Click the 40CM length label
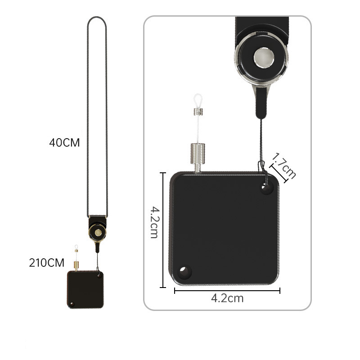point(64,143)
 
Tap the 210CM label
point(47,263)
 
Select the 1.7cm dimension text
point(284,166)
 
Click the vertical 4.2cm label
point(154,222)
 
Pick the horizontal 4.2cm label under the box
point(227,298)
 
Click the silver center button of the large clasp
point(264,58)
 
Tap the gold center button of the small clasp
point(98,232)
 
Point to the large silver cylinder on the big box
point(198,153)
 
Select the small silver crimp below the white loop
point(198,112)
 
